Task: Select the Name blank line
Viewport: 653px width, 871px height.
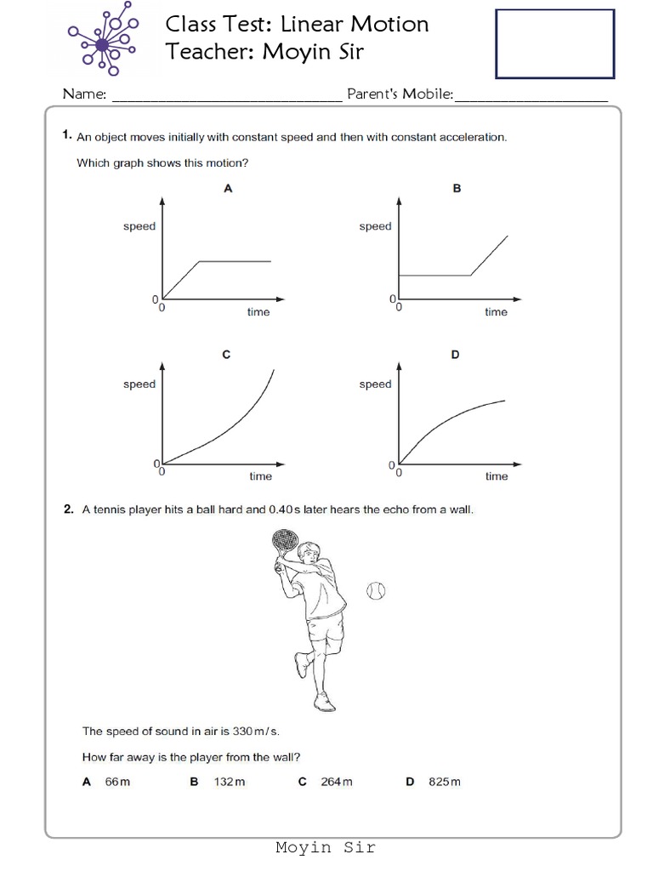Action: coord(226,99)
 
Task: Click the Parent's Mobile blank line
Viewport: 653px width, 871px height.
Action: coord(531,99)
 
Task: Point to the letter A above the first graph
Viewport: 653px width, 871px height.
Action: coord(228,190)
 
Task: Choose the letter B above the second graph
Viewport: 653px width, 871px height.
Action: coord(457,190)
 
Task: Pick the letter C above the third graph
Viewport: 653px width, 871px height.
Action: coord(226,355)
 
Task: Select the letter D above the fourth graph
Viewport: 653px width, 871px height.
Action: coord(456,355)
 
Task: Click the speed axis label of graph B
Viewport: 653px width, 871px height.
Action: coord(375,226)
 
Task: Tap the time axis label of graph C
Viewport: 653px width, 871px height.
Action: coord(260,476)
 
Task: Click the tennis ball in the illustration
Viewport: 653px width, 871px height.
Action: coord(375,590)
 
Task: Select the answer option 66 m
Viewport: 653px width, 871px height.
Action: coord(117,782)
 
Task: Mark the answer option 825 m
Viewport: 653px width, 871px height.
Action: coord(445,782)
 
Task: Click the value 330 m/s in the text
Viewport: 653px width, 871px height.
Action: coord(255,731)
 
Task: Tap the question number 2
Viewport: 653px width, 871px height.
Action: coord(67,510)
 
